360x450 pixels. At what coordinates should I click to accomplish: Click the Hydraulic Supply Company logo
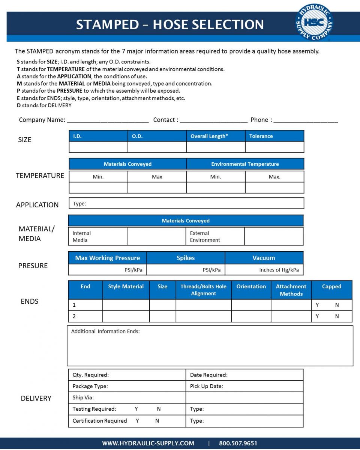[313, 22]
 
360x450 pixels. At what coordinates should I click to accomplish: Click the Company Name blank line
[108, 121]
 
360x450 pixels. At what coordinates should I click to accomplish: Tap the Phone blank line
[306, 121]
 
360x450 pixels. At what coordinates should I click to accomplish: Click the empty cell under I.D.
[98, 147]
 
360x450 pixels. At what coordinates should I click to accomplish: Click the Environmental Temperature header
[245, 164]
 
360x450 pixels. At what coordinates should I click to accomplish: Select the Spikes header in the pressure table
[186, 258]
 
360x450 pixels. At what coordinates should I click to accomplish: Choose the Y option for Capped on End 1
[317, 305]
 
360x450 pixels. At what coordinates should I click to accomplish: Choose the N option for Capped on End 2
[337, 316]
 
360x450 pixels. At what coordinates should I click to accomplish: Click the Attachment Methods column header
[291, 290]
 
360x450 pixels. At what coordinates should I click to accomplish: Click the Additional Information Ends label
[105, 331]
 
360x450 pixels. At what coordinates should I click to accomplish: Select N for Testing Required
[159, 409]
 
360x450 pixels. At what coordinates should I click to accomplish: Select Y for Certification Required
[137, 421]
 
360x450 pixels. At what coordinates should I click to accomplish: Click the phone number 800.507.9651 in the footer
[238, 443]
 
